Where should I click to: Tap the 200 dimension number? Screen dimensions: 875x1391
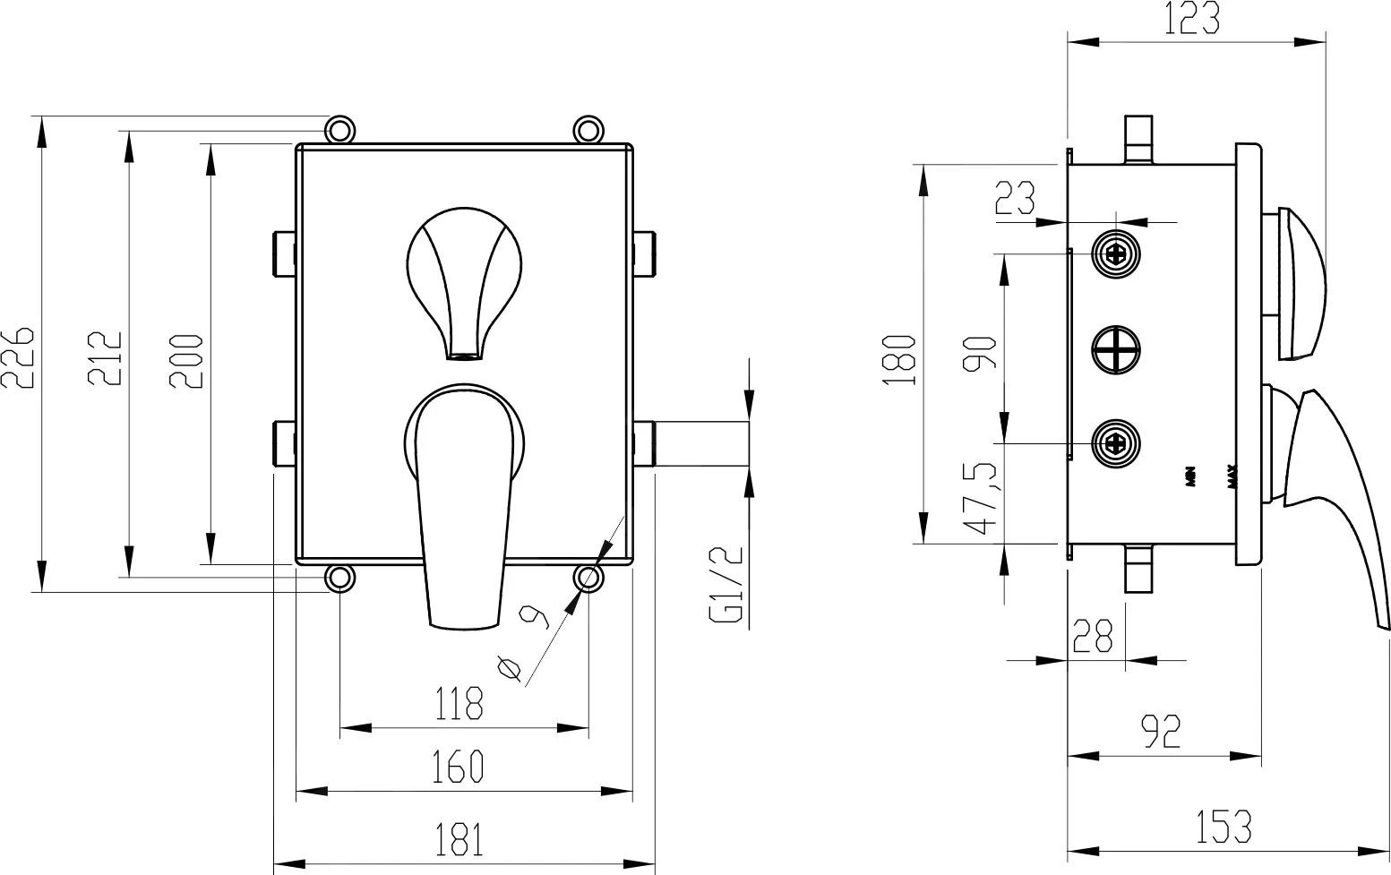tap(186, 361)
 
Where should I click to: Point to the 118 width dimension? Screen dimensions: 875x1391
tap(459, 704)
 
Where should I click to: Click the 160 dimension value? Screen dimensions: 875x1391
tap(459, 767)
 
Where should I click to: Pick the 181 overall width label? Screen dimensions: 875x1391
tap(459, 840)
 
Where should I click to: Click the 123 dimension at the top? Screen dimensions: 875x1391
tap(1191, 19)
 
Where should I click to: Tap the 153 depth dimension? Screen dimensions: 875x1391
tap(1223, 826)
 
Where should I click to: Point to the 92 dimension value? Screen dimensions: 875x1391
tap(1163, 732)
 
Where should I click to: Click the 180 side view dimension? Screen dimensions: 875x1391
tap(898, 359)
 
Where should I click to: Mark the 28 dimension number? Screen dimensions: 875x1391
tap(1093, 636)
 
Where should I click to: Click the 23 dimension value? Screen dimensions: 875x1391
tap(1015, 199)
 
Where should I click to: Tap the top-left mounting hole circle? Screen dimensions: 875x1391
tap(339, 130)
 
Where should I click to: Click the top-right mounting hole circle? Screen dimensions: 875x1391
tap(588, 130)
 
